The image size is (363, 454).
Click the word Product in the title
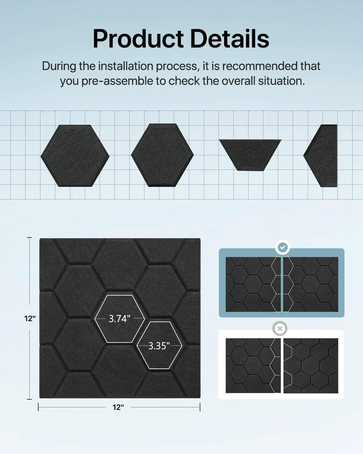coord(138,39)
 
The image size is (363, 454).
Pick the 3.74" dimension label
coord(119,318)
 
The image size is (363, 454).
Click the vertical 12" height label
coord(30,318)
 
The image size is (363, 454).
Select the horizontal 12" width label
coord(118,407)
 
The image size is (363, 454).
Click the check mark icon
coord(283,247)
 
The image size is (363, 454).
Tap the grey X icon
coord(280,329)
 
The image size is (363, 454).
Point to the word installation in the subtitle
coord(126,66)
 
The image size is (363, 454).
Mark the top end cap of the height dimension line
coord(29,238)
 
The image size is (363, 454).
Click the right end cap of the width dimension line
coord(200,407)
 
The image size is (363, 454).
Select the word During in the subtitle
coord(59,66)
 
